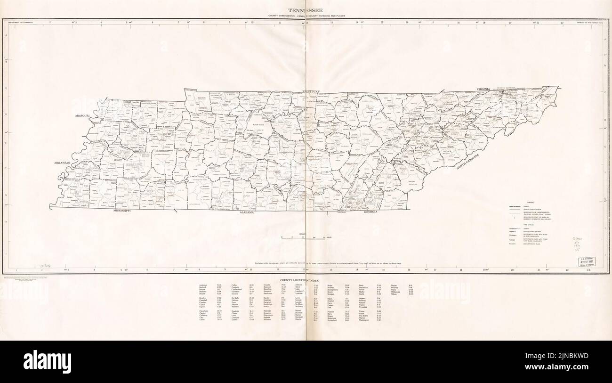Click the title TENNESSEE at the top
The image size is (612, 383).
(306, 10)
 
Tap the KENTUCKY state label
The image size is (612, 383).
(311, 91)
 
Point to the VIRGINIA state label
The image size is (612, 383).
(483, 89)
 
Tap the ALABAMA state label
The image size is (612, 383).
(247, 213)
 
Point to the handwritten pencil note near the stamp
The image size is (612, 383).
(579, 245)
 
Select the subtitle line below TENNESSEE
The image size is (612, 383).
(306, 16)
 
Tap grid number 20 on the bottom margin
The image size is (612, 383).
(512, 270)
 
